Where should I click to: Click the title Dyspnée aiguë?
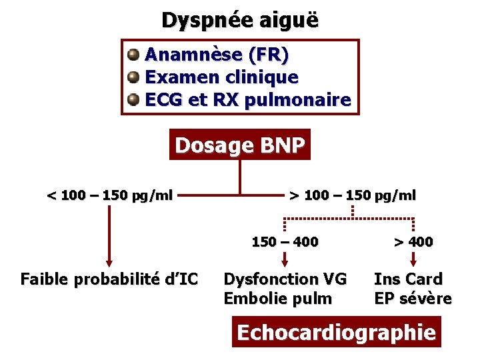tap(240, 20)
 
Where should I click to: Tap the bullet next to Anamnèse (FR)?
tap(134, 53)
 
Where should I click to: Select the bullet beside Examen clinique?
tap(134, 77)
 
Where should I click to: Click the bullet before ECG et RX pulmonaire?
tap(134, 100)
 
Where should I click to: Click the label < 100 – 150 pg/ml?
tap(109, 195)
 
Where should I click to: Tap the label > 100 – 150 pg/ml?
tap(352, 195)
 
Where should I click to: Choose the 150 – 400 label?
tap(285, 241)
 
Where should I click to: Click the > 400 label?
tap(413, 241)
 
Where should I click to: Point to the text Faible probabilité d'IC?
tap(109, 279)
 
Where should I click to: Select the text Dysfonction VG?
tap(285, 279)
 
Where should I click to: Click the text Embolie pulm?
tap(278, 298)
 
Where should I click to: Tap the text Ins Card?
tap(408, 279)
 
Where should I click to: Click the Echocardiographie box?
tap(337, 332)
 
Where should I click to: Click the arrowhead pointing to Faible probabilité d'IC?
tap(109, 262)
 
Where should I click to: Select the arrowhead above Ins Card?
tap(413, 263)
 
